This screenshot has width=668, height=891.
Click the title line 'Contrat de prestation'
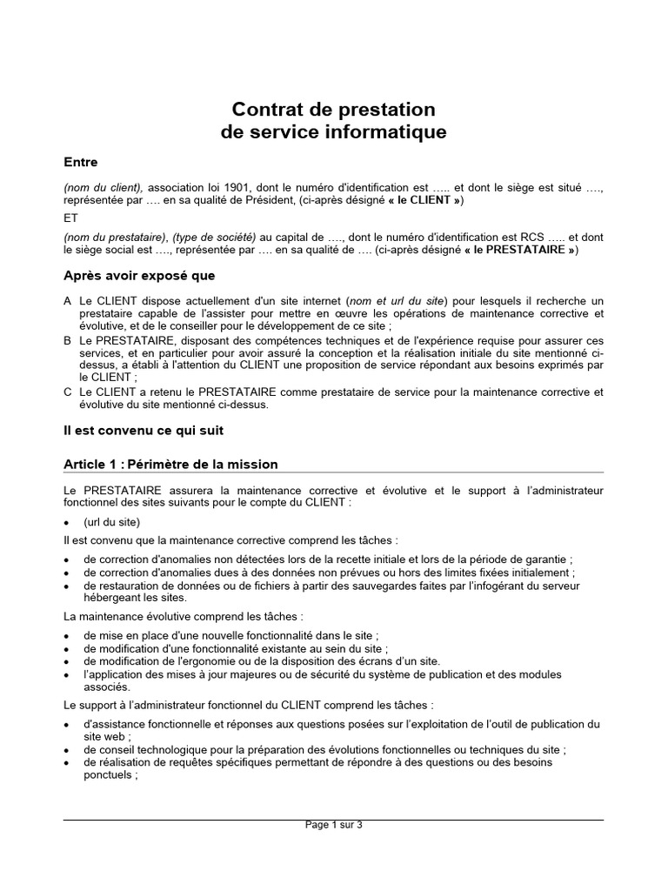coord(333,110)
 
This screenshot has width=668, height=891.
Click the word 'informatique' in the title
coord(397,132)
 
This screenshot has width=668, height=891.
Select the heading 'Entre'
coord(81,162)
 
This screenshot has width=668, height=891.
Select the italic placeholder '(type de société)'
coord(213,238)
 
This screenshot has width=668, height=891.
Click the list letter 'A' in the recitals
coord(68,300)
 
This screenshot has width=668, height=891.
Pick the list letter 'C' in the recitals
coord(68,392)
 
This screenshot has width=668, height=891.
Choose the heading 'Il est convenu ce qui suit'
coord(149,430)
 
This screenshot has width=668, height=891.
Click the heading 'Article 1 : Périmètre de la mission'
coord(170,464)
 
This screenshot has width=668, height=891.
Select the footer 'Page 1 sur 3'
coord(333,825)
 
